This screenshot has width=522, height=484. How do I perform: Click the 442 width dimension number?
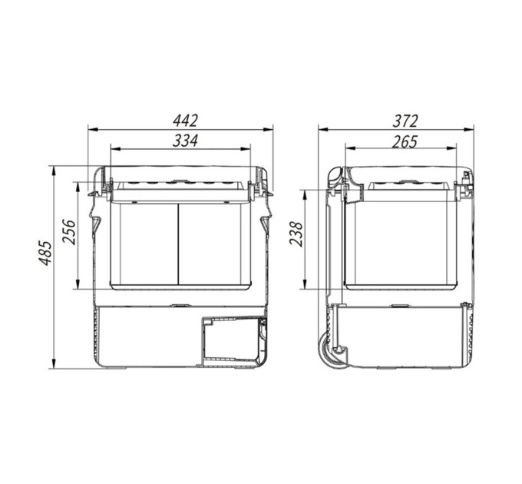pos(186,121)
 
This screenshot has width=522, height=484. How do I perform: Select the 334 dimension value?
pos(186,141)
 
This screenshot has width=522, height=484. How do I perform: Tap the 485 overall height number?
pos(45,253)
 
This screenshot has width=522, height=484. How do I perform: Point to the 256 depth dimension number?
pos(70,232)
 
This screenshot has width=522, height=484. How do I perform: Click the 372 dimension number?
pos(405,121)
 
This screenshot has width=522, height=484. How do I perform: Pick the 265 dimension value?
pos(405,142)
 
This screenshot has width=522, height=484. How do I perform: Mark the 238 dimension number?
pos(296,234)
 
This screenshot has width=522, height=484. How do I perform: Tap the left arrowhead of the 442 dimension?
pos(93,129)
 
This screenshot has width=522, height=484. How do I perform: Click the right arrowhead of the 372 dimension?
pos(469,129)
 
